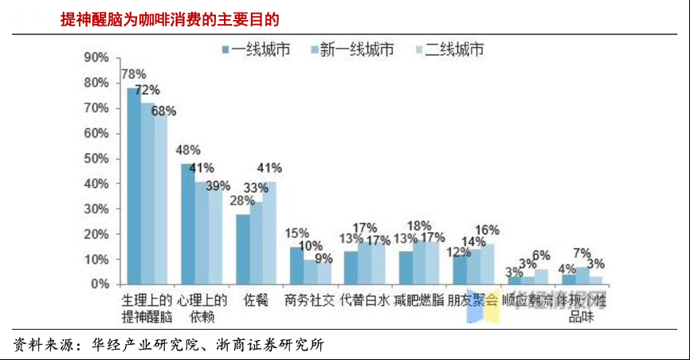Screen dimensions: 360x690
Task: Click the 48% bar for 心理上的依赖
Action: (187, 224)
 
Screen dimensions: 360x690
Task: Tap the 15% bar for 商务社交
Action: (296, 265)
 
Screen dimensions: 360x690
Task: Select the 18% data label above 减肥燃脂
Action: (419, 225)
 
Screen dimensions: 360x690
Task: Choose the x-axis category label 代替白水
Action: (365, 300)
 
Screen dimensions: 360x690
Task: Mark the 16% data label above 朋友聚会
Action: (487, 230)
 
